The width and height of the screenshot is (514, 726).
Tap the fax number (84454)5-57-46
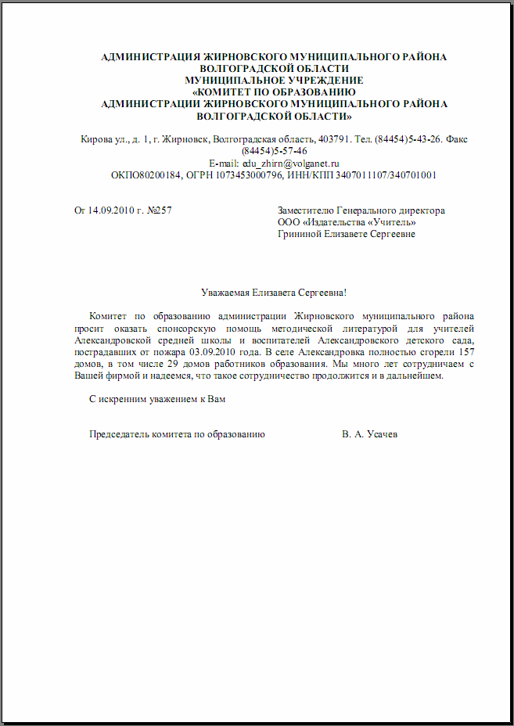(x=274, y=152)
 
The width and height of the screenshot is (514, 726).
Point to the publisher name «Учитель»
(x=388, y=222)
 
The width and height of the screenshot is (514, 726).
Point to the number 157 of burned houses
(x=465, y=352)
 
